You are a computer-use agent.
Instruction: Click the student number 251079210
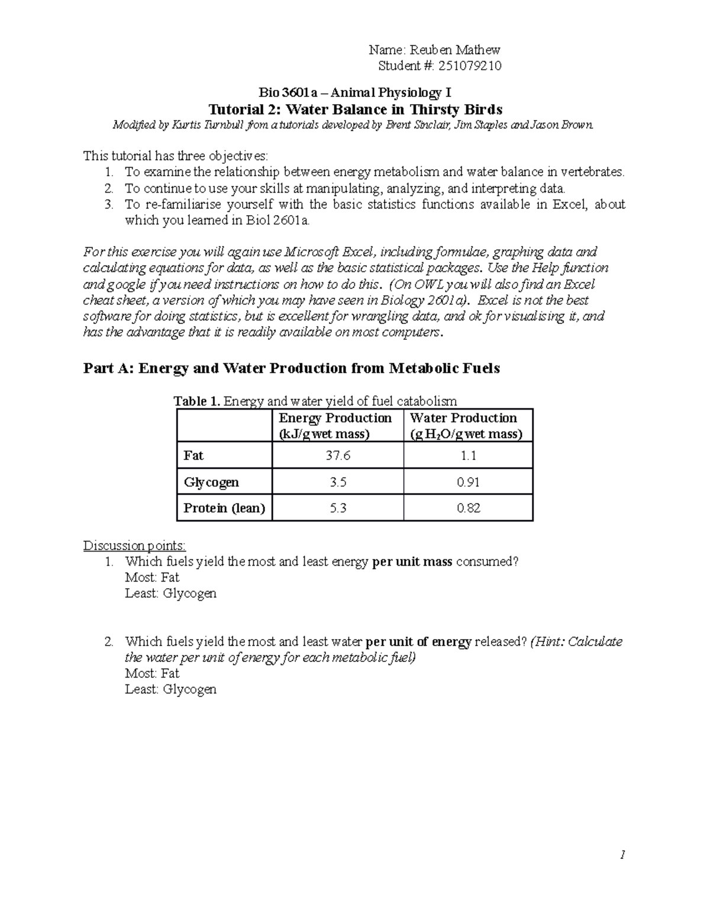tap(470, 66)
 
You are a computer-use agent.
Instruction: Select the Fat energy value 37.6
tap(338, 456)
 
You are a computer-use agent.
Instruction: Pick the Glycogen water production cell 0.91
tap(468, 482)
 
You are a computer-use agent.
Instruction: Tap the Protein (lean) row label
tap(224, 508)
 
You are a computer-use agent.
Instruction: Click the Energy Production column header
tap(335, 426)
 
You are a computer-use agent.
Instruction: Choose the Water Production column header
tap(466, 426)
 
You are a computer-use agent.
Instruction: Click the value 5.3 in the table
tap(338, 508)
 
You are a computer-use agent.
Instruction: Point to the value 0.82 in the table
tap(468, 508)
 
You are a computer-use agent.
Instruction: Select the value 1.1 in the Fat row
tap(468, 456)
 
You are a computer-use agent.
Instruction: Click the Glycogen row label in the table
tap(211, 482)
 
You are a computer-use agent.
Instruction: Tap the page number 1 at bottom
tap(622, 855)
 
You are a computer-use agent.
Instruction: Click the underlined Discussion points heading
tap(134, 545)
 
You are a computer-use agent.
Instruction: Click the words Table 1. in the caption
tap(197, 401)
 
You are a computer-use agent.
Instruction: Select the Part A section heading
tap(292, 368)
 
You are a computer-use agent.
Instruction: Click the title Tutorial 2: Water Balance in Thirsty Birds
tap(356, 109)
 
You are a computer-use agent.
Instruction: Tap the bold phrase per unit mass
tap(412, 562)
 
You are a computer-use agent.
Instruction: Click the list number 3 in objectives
tap(108, 205)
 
